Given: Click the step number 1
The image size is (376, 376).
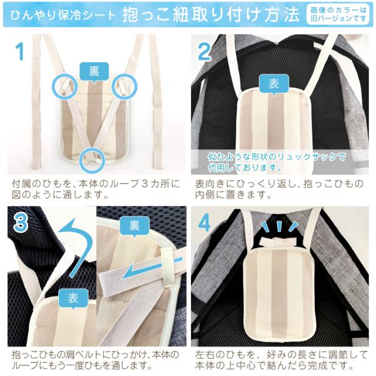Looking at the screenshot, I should point(19,52).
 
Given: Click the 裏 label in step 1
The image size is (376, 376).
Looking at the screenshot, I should point(93,70).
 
